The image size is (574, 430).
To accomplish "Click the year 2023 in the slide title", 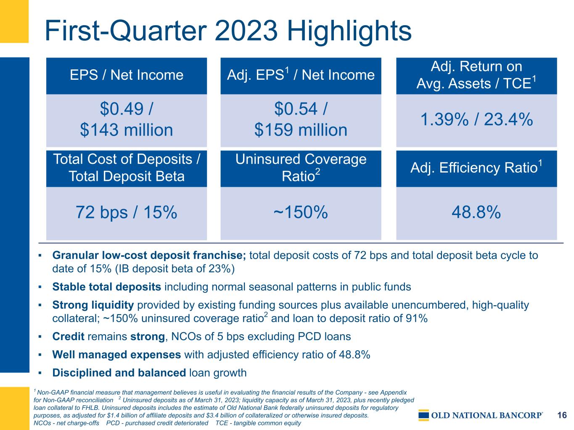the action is point(246,31).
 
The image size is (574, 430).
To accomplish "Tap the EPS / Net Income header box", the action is point(127,76).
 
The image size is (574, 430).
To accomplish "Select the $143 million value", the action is point(127,130).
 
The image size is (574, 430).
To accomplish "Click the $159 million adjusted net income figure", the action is point(301,130).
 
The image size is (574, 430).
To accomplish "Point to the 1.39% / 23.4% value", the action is point(476,120).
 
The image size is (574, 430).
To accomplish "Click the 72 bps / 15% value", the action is point(127,212).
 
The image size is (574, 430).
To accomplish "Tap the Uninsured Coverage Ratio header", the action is point(301,168).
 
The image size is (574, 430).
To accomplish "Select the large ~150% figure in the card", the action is point(301,212).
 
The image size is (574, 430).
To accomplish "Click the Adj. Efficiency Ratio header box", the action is point(476,168).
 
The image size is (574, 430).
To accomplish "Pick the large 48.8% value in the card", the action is point(476,212).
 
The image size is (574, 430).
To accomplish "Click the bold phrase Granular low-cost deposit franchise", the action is point(149,255).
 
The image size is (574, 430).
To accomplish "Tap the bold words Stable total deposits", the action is point(107,287).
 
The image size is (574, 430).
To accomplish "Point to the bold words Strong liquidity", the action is point(93,305).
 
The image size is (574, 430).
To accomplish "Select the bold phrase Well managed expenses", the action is point(116,354).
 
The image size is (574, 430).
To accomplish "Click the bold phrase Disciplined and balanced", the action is point(119,373).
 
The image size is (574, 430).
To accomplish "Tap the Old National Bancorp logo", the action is point(481,415).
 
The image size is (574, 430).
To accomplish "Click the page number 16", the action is point(562,415).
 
